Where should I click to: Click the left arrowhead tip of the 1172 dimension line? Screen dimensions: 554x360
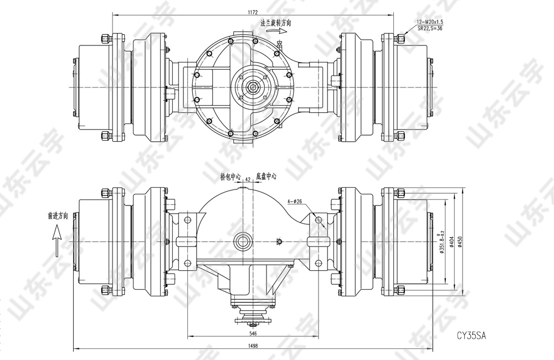(x=112, y=15)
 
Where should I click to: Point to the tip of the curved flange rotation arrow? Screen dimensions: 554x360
(x=286, y=31)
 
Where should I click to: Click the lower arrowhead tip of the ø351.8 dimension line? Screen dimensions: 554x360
(x=444, y=279)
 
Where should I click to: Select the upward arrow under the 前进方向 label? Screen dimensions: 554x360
(x=56, y=241)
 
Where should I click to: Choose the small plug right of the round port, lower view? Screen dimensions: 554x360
(x=279, y=241)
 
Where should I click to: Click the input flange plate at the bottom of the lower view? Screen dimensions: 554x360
(x=253, y=321)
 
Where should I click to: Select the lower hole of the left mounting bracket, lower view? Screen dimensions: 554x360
(x=187, y=263)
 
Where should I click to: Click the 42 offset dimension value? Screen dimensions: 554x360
(x=248, y=179)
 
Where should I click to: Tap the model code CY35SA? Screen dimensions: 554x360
(x=471, y=335)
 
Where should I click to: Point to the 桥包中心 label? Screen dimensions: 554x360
(x=230, y=176)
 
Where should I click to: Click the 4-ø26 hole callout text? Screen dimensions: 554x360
(x=295, y=202)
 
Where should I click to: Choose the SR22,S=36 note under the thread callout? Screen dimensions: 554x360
(x=430, y=28)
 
